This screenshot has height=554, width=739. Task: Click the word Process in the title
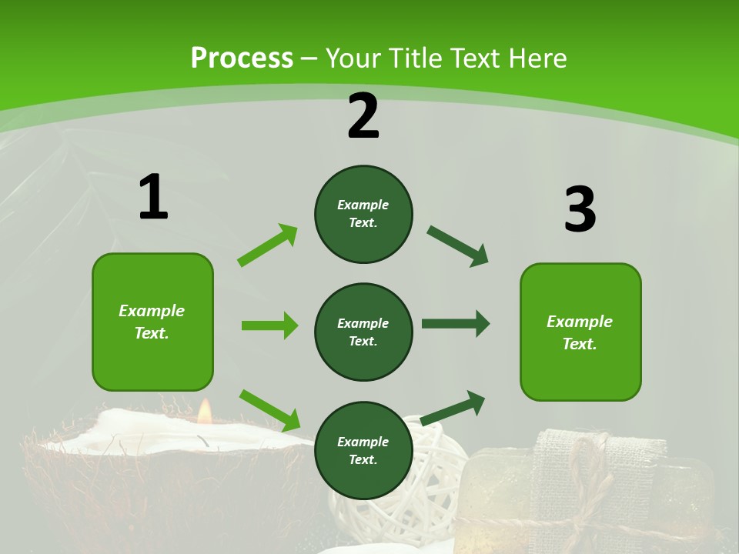click(242, 58)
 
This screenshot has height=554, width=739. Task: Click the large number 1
click(153, 197)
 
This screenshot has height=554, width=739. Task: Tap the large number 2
click(363, 116)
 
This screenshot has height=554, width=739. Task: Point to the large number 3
click(580, 209)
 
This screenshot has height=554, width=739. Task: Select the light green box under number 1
click(152, 322)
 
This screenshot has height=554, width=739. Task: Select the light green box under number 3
click(580, 332)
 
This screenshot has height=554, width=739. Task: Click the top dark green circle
click(363, 214)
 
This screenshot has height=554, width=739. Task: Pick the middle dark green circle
click(363, 332)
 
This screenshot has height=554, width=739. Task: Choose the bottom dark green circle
click(363, 450)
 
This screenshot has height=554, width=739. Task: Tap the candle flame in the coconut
click(204, 412)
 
